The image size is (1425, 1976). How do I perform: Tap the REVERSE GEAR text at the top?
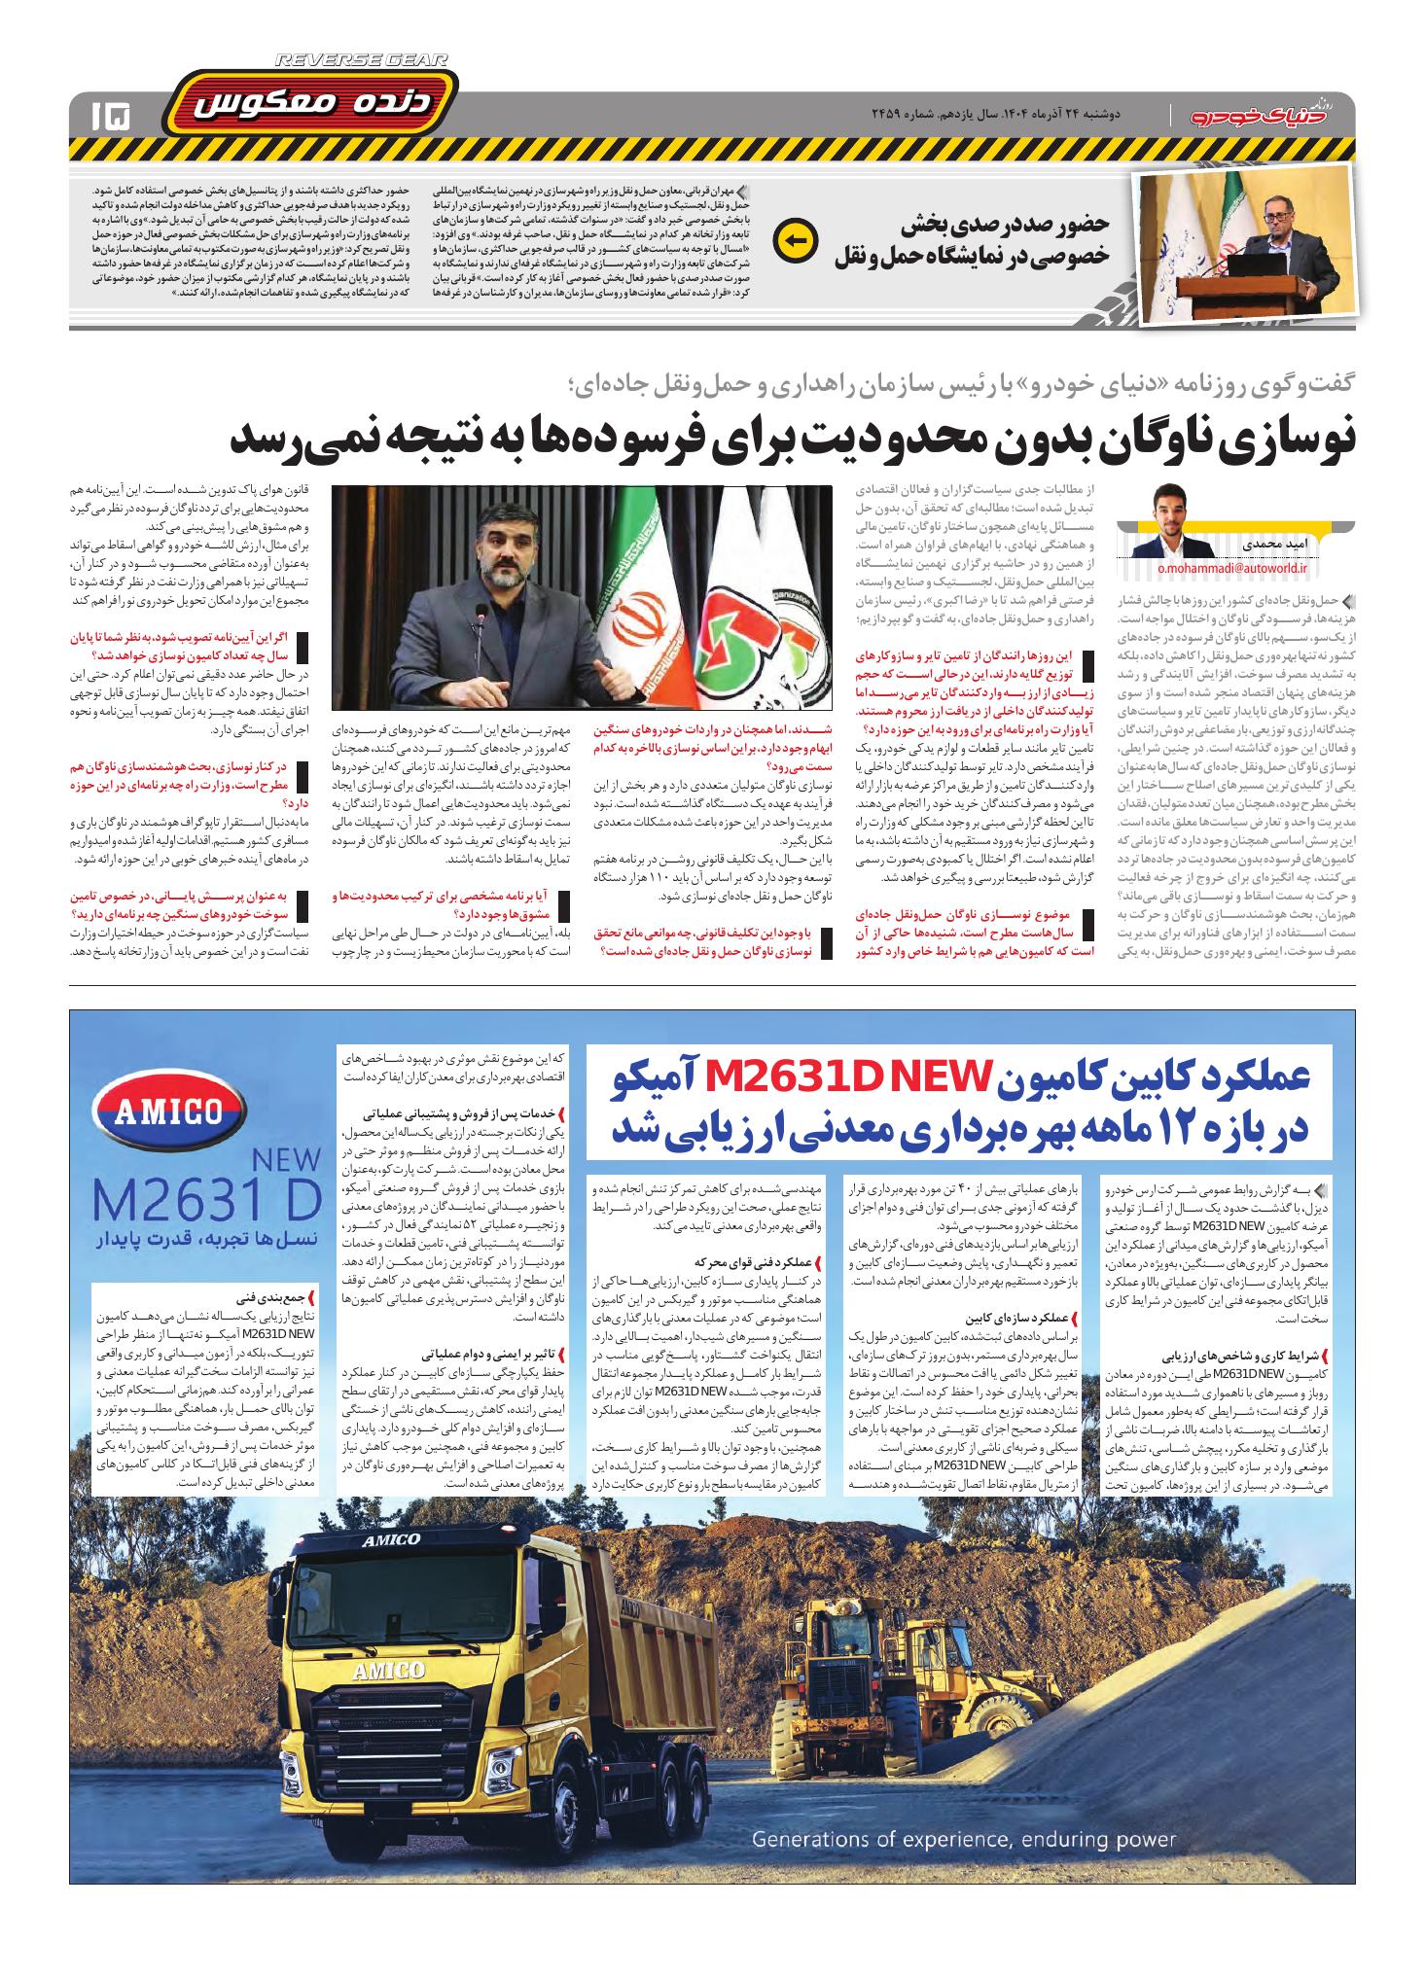[362, 60]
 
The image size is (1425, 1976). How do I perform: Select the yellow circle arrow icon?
[792, 239]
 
